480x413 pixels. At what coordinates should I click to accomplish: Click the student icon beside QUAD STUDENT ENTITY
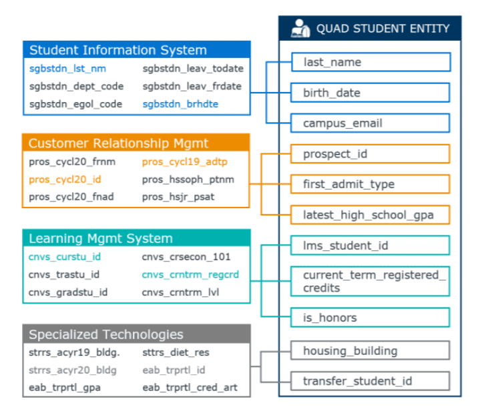pos(300,29)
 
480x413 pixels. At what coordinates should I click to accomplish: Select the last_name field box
pos(371,62)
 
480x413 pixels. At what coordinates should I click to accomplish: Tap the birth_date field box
pos(370,93)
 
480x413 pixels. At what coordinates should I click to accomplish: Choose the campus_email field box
pos(370,123)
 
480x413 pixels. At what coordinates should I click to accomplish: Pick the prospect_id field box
pos(370,153)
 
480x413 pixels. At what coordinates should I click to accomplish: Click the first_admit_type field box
pos(370,184)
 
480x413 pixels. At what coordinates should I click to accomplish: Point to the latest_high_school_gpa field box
pos(370,215)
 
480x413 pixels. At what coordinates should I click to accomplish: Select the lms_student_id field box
pos(370,246)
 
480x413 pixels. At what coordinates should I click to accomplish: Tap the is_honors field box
pos(370,318)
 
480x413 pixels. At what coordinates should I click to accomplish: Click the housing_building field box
pos(370,350)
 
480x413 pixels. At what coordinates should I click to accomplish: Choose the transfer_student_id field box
pos(370,381)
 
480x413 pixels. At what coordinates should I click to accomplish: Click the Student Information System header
pos(137,49)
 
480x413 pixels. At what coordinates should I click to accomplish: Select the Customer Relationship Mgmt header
pos(136,143)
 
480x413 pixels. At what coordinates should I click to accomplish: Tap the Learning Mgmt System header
pos(137,238)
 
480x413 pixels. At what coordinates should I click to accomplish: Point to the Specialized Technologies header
pos(137,334)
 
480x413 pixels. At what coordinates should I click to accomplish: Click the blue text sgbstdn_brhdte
pos(180,104)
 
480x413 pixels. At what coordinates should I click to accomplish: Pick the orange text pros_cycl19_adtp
pos(185,161)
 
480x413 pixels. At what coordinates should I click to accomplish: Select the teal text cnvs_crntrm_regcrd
pos(190,275)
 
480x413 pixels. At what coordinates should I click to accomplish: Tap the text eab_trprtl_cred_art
pos(190,388)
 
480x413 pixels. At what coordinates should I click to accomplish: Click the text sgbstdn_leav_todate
pos(193,69)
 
